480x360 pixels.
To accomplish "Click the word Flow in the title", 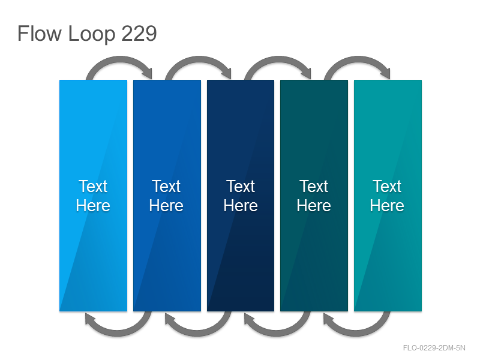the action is click(x=39, y=34).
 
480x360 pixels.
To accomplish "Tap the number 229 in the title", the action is click(x=139, y=34).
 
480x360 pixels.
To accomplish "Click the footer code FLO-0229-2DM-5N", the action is click(x=434, y=348).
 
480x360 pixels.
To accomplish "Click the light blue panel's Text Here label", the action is click(x=93, y=196).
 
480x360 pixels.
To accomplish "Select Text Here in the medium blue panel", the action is click(x=166, y=196).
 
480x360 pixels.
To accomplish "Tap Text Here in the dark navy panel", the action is click(x=241, y=196).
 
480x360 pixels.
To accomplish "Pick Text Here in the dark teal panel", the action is click(x=314, y=196).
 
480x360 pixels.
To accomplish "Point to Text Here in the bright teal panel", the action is click(x=387, y=196).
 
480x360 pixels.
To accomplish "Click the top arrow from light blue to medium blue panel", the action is click(x=119, y=58).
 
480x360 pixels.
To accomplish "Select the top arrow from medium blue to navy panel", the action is click(x=199, y=58).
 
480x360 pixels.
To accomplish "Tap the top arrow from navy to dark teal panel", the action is click(x=278, y=58).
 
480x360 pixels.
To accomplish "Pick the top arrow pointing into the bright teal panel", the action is click(x=358, y=58).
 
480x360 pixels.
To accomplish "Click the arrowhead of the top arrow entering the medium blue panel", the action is click(x=148, y=73).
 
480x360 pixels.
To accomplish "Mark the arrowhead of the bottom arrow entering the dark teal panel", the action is click(x=329, y=319).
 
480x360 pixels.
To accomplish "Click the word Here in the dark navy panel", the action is click(x=241, y=205).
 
